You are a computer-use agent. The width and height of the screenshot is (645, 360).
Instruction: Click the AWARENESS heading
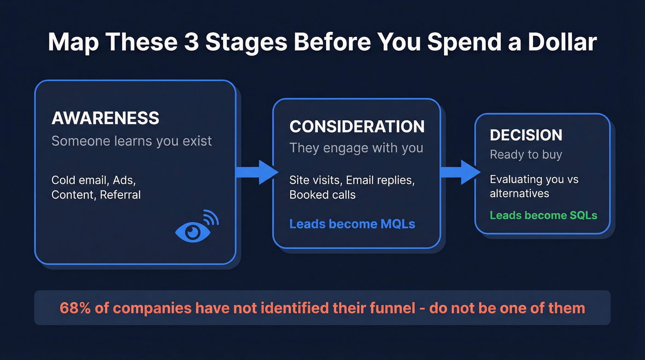pos(105,118)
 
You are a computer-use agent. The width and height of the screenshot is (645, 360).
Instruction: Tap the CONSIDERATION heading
pos(357,126)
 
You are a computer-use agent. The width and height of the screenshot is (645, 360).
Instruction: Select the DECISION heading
pos(526,135)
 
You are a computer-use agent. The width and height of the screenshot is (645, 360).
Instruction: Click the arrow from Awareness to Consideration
pos(256,172)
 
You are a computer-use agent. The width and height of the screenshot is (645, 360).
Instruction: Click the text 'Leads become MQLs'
pos(352,224)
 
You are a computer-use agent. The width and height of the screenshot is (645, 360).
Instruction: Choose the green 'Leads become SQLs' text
pos(543,215)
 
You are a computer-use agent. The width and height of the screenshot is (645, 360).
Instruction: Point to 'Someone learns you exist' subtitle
pos(132,141)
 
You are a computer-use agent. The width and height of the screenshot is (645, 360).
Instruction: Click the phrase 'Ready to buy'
pos(526,154)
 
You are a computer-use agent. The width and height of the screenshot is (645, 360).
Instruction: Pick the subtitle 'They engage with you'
pos(356,148)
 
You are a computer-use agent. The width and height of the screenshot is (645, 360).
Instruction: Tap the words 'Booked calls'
pos(322,195)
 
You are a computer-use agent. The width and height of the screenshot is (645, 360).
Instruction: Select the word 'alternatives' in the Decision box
pos(519,193)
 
